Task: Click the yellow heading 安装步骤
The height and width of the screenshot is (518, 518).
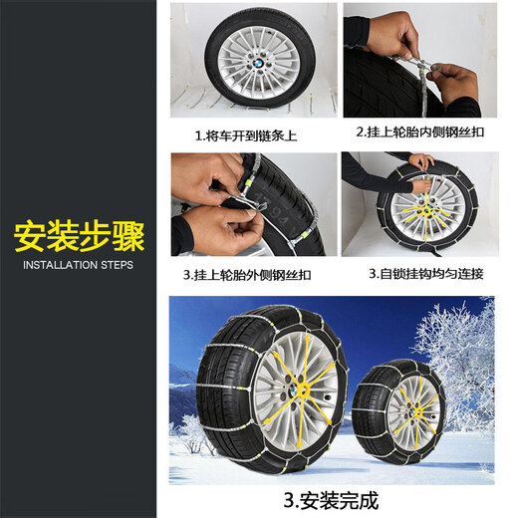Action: point(79,236)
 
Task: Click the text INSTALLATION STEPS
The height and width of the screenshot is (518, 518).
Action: point(78,266)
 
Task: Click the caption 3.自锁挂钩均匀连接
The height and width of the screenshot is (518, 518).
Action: point(426,273)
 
